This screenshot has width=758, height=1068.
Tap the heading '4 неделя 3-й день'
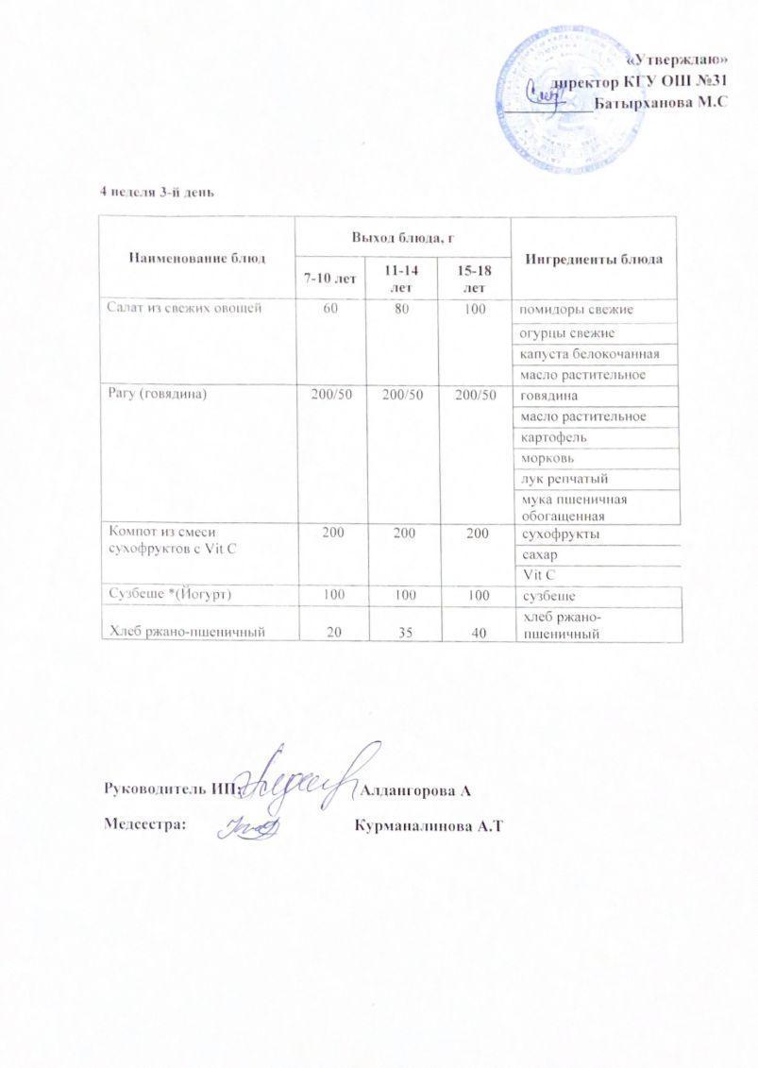click(159, 193)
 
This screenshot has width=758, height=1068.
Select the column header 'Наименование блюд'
click(197, 257)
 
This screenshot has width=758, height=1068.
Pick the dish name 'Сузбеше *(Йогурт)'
click(168, 595)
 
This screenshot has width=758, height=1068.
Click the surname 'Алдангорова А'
click(415, 788)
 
